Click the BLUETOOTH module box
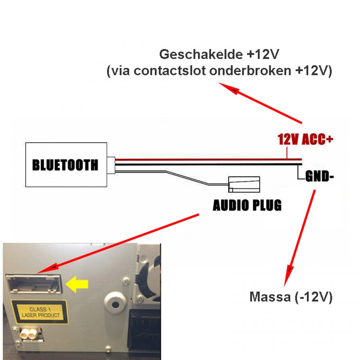click(66, 165)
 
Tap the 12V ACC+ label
click(305, 139)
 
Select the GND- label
click(319, 177)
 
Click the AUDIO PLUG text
click(247, 206)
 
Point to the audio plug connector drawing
click(244, 184)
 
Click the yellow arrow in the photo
click(77, 284)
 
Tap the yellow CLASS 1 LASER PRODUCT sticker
click(41, 312)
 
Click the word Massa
click(270, 297)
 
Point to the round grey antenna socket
click(115, 305)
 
